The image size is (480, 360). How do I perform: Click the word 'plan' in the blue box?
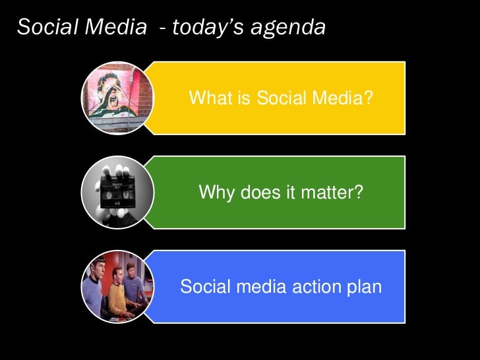(x=366, y=288)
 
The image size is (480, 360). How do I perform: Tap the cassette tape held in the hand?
(x=118, y=196)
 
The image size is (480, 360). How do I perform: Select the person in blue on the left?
(x=94, y=290)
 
